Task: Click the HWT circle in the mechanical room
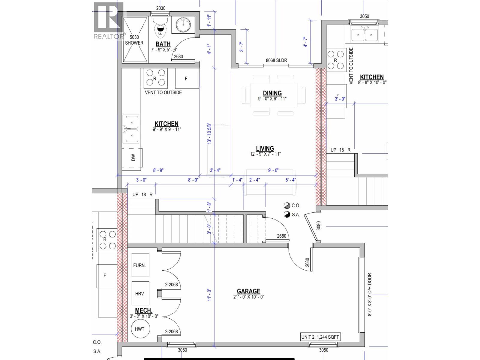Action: click(x=139, y=329)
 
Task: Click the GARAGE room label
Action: click(x=248, y=291)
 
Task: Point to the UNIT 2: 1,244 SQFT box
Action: click(x=320, y=337)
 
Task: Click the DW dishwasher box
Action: click(x=133, y=157)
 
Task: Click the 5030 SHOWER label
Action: click(x=134, y=40)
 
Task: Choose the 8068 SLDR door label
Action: click(x=276, y=60)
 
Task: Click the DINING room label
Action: click(x=272, y=93)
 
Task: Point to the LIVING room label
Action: click(x=265, y=148)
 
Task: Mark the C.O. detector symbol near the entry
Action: click(x=287, y=205)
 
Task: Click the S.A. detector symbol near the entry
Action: click(x=287, y=214)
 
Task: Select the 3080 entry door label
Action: click(x=319, y=226)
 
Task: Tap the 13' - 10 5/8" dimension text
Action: click(x=209, y=133)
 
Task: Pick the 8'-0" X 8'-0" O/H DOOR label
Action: click(x=370, y=294)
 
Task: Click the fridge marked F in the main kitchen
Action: click(x=186, y=79)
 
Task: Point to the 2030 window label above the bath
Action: click(x=161, y=8)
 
